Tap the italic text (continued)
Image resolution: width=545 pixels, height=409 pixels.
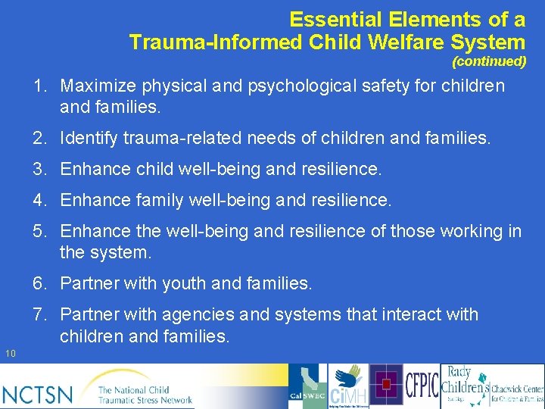[488, 61]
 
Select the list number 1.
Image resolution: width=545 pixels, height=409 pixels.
[39, 86]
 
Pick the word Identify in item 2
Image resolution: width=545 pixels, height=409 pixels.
[87, 139]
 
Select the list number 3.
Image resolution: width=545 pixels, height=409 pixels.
[39, 170]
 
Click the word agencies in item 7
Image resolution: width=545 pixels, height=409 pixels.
[173, 314]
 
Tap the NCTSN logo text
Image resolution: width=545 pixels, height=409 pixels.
[38, 394]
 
